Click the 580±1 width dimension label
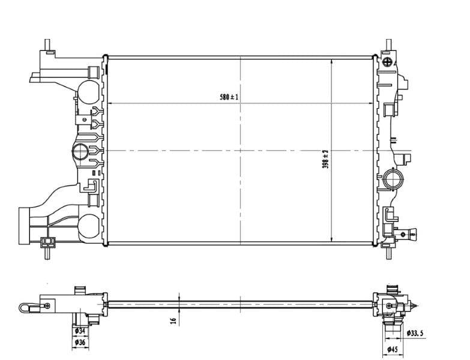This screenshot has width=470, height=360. pos(229,97)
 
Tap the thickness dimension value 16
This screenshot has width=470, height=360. pos(174,321)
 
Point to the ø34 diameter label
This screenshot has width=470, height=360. pos(79,331)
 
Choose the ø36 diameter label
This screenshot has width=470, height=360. pos(79,343)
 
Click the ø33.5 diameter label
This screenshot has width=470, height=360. pos(415,333)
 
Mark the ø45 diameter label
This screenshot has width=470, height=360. pos(393,349)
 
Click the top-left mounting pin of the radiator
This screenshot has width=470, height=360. pos(47,46)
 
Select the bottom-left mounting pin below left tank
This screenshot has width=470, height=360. pos(46,254)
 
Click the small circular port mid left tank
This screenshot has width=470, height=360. pos(79,152)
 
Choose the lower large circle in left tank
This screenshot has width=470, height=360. pos(88,224)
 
